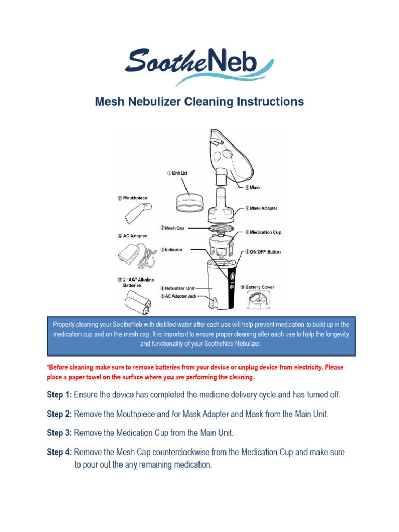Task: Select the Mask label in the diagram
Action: coord(252,188)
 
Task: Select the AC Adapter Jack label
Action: coord(178,296)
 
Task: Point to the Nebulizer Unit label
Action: coord(178,288)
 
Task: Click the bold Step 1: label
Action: coord(59,395)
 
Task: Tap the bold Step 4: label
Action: coord(59,453)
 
